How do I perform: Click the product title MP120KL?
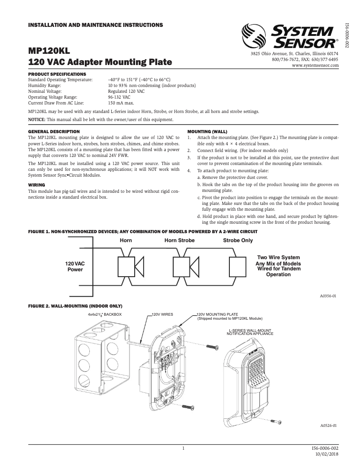click(x=49, y=50)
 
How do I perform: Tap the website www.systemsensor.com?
click(x=315, y=65)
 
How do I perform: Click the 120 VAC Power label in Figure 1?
click(x=75, y=267)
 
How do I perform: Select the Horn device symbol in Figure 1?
click(x=130, y=267)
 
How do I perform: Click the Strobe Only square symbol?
click(x=238, y=267)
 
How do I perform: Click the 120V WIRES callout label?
click(x=162, y=314)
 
